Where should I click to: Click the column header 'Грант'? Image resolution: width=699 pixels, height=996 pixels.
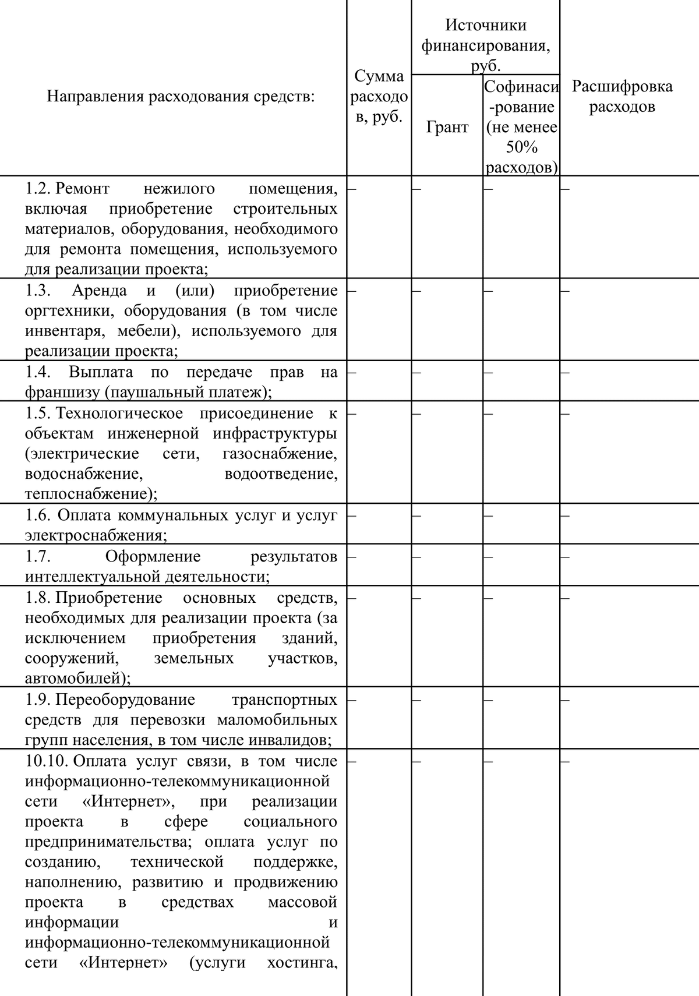point(447,127)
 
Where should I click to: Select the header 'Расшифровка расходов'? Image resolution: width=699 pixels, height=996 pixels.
point(622,97)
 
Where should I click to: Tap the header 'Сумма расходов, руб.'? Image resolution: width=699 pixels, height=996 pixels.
point(379,96)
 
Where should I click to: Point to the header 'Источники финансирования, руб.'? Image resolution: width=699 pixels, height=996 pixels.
point(485,45)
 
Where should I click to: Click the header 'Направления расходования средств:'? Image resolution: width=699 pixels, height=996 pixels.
point(181,96)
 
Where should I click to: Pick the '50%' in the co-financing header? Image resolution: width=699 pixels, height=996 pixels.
point(521,147)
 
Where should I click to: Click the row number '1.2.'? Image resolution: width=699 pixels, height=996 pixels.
point(38,189)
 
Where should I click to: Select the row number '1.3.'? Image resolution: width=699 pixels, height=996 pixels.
point(38,291)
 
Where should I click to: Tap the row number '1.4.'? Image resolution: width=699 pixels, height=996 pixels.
point(38,372)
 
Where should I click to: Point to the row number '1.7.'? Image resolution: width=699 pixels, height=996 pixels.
point(38,556)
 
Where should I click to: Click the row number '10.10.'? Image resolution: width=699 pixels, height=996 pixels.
point(47,761)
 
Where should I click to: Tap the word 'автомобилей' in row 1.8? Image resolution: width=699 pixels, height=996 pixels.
point(73,678)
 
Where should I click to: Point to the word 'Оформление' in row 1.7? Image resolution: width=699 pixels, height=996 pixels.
point(153,556)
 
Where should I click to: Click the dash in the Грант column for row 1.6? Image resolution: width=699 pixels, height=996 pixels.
point(416,516)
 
